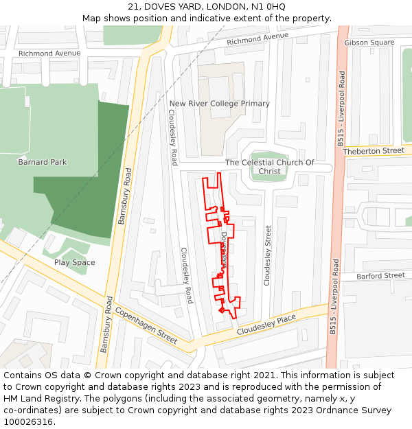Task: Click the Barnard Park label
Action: coord(43,162)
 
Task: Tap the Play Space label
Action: coord(75,262)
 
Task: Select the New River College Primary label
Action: coord(220,104)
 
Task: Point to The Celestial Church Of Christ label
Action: coord(270,167)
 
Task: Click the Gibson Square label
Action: coord(369,43)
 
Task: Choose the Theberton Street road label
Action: coord(374,150)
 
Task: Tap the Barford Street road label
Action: coord(381,275)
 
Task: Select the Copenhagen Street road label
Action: coord(146,325)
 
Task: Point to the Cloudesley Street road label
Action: coord(268,255)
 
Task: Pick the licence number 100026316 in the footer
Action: coord(28,422)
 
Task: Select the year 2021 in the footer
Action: coord(265,375)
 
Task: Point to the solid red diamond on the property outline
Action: coord(221,311)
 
